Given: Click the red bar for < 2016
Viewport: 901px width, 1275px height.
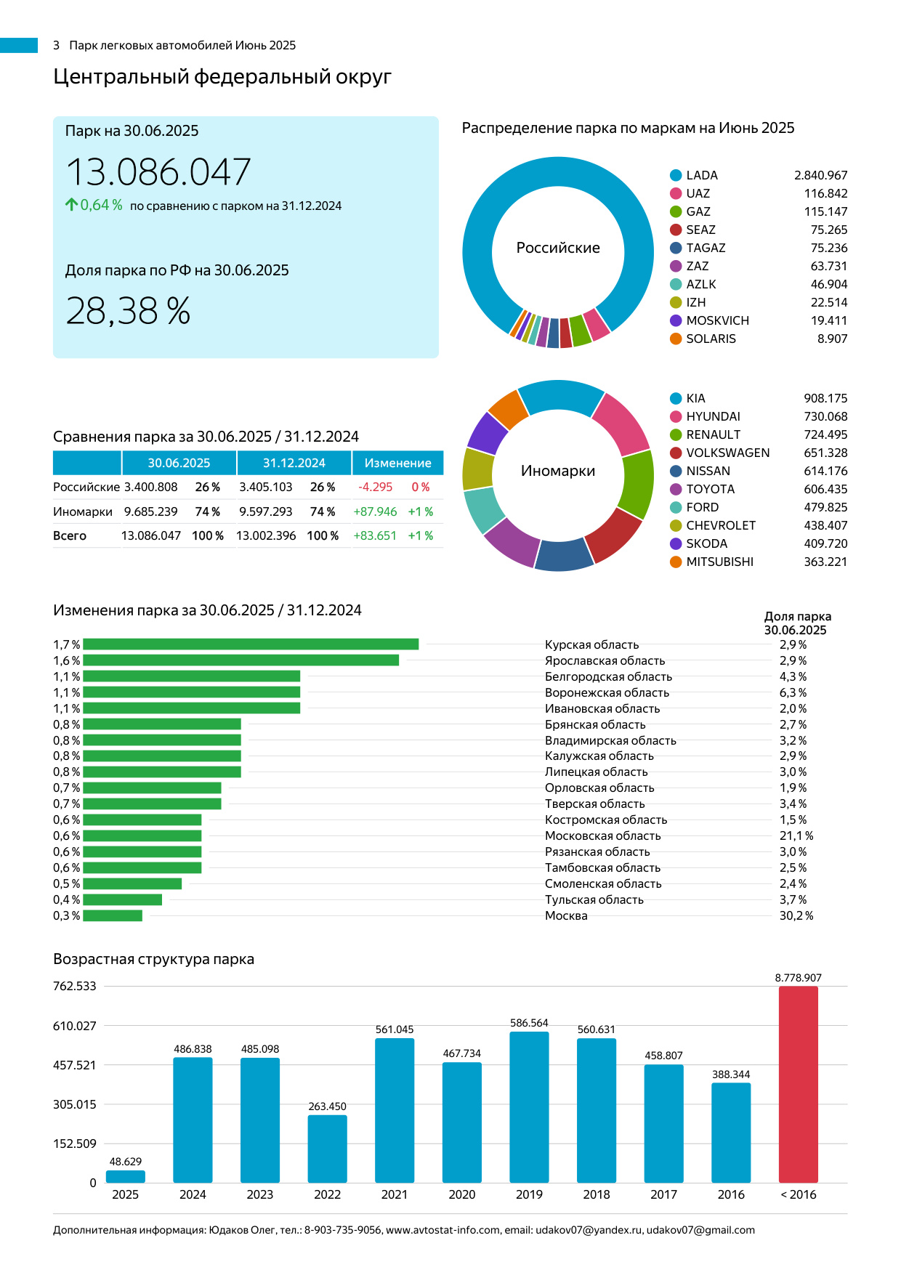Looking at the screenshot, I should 798,1084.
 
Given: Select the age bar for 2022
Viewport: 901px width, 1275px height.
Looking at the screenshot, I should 327,1149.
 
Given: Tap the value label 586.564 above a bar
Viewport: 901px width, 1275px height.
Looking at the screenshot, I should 529,1023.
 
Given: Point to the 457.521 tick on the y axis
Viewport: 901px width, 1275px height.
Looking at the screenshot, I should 74,1065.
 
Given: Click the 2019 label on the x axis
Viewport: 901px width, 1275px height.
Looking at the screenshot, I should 529,1194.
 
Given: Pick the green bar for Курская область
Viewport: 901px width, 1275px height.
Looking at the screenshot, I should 251,644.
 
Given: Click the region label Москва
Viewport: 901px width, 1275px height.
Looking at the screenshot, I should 566,915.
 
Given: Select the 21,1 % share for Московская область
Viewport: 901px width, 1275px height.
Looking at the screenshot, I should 796,835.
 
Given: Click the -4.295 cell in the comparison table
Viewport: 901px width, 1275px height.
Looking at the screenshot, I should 375,487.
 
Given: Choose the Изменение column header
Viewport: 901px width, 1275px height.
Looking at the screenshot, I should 397,463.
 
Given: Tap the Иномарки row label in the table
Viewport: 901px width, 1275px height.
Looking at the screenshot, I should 83,511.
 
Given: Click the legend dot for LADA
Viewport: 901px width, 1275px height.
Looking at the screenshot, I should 676,175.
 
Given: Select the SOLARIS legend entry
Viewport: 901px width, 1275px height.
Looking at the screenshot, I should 711,339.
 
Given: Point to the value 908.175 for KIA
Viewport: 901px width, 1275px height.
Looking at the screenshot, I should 825,398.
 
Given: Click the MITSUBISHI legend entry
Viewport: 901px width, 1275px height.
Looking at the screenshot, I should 719,562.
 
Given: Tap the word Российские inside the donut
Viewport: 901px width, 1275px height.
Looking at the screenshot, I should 558,248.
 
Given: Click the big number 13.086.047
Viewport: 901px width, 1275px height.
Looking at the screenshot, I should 158,172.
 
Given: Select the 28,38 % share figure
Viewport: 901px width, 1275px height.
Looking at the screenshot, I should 128,311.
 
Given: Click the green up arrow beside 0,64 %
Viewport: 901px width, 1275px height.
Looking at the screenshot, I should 71,205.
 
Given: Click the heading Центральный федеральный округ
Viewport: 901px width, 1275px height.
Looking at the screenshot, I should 222,76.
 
